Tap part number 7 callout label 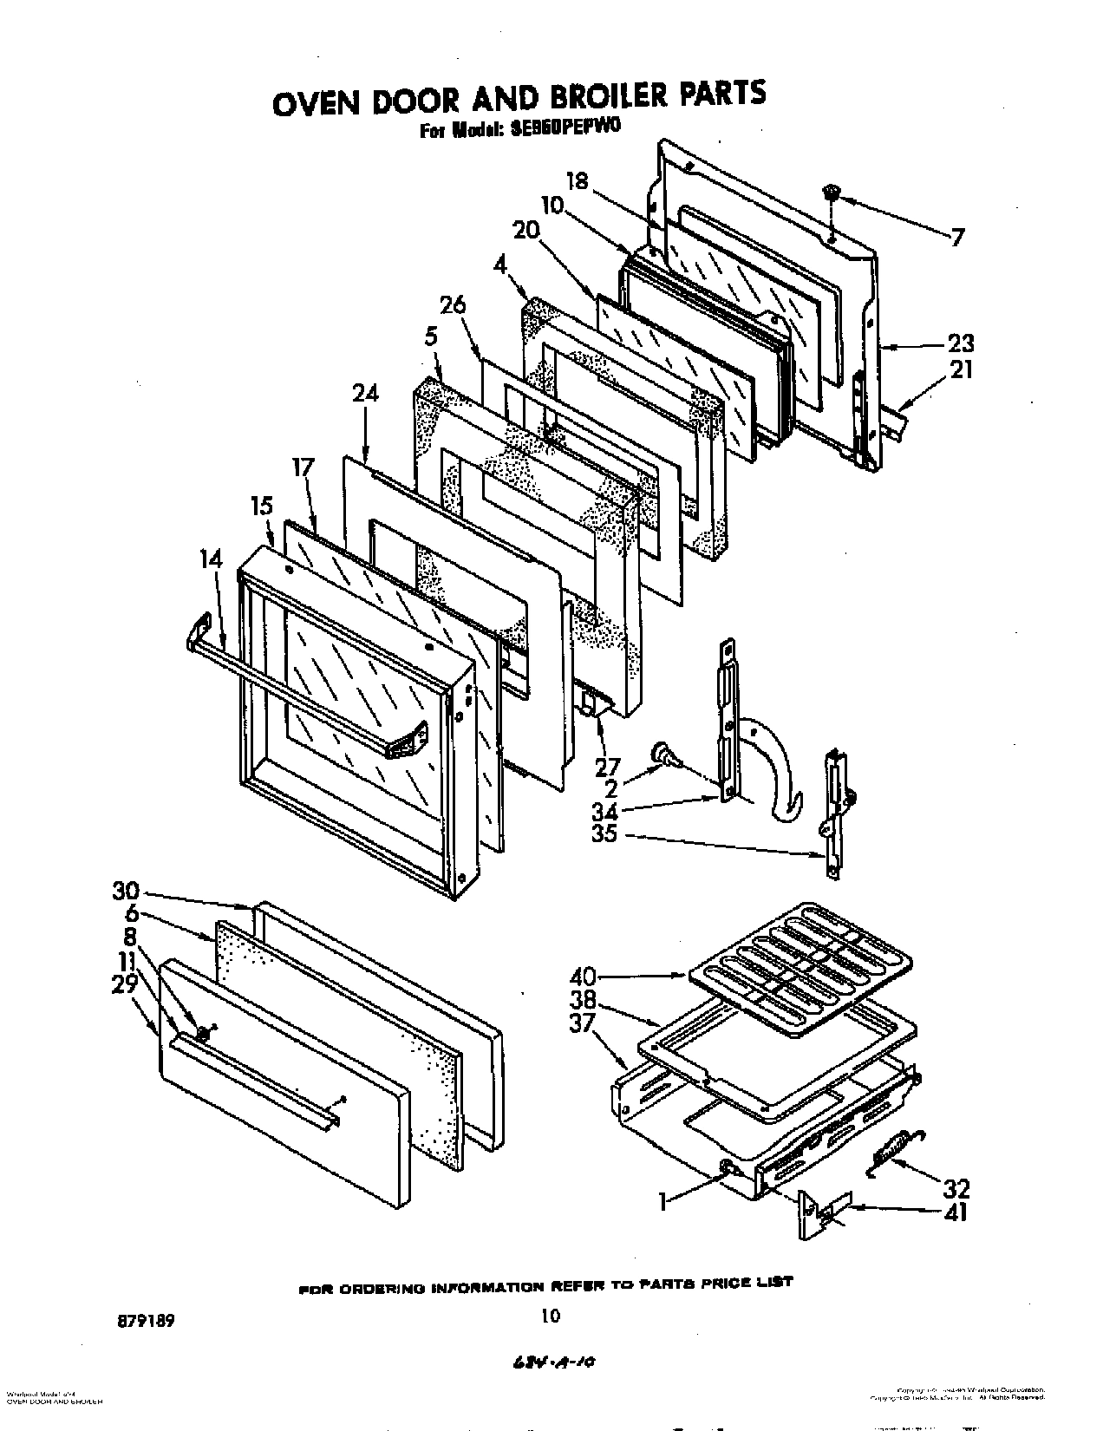[956, 237]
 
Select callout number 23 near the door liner [960, 342]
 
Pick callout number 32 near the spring [956, 1188]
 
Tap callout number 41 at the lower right [956, 1212]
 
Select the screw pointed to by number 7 [831, 193]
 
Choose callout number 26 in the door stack [453, 305]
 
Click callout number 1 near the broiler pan [663, 1202]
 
